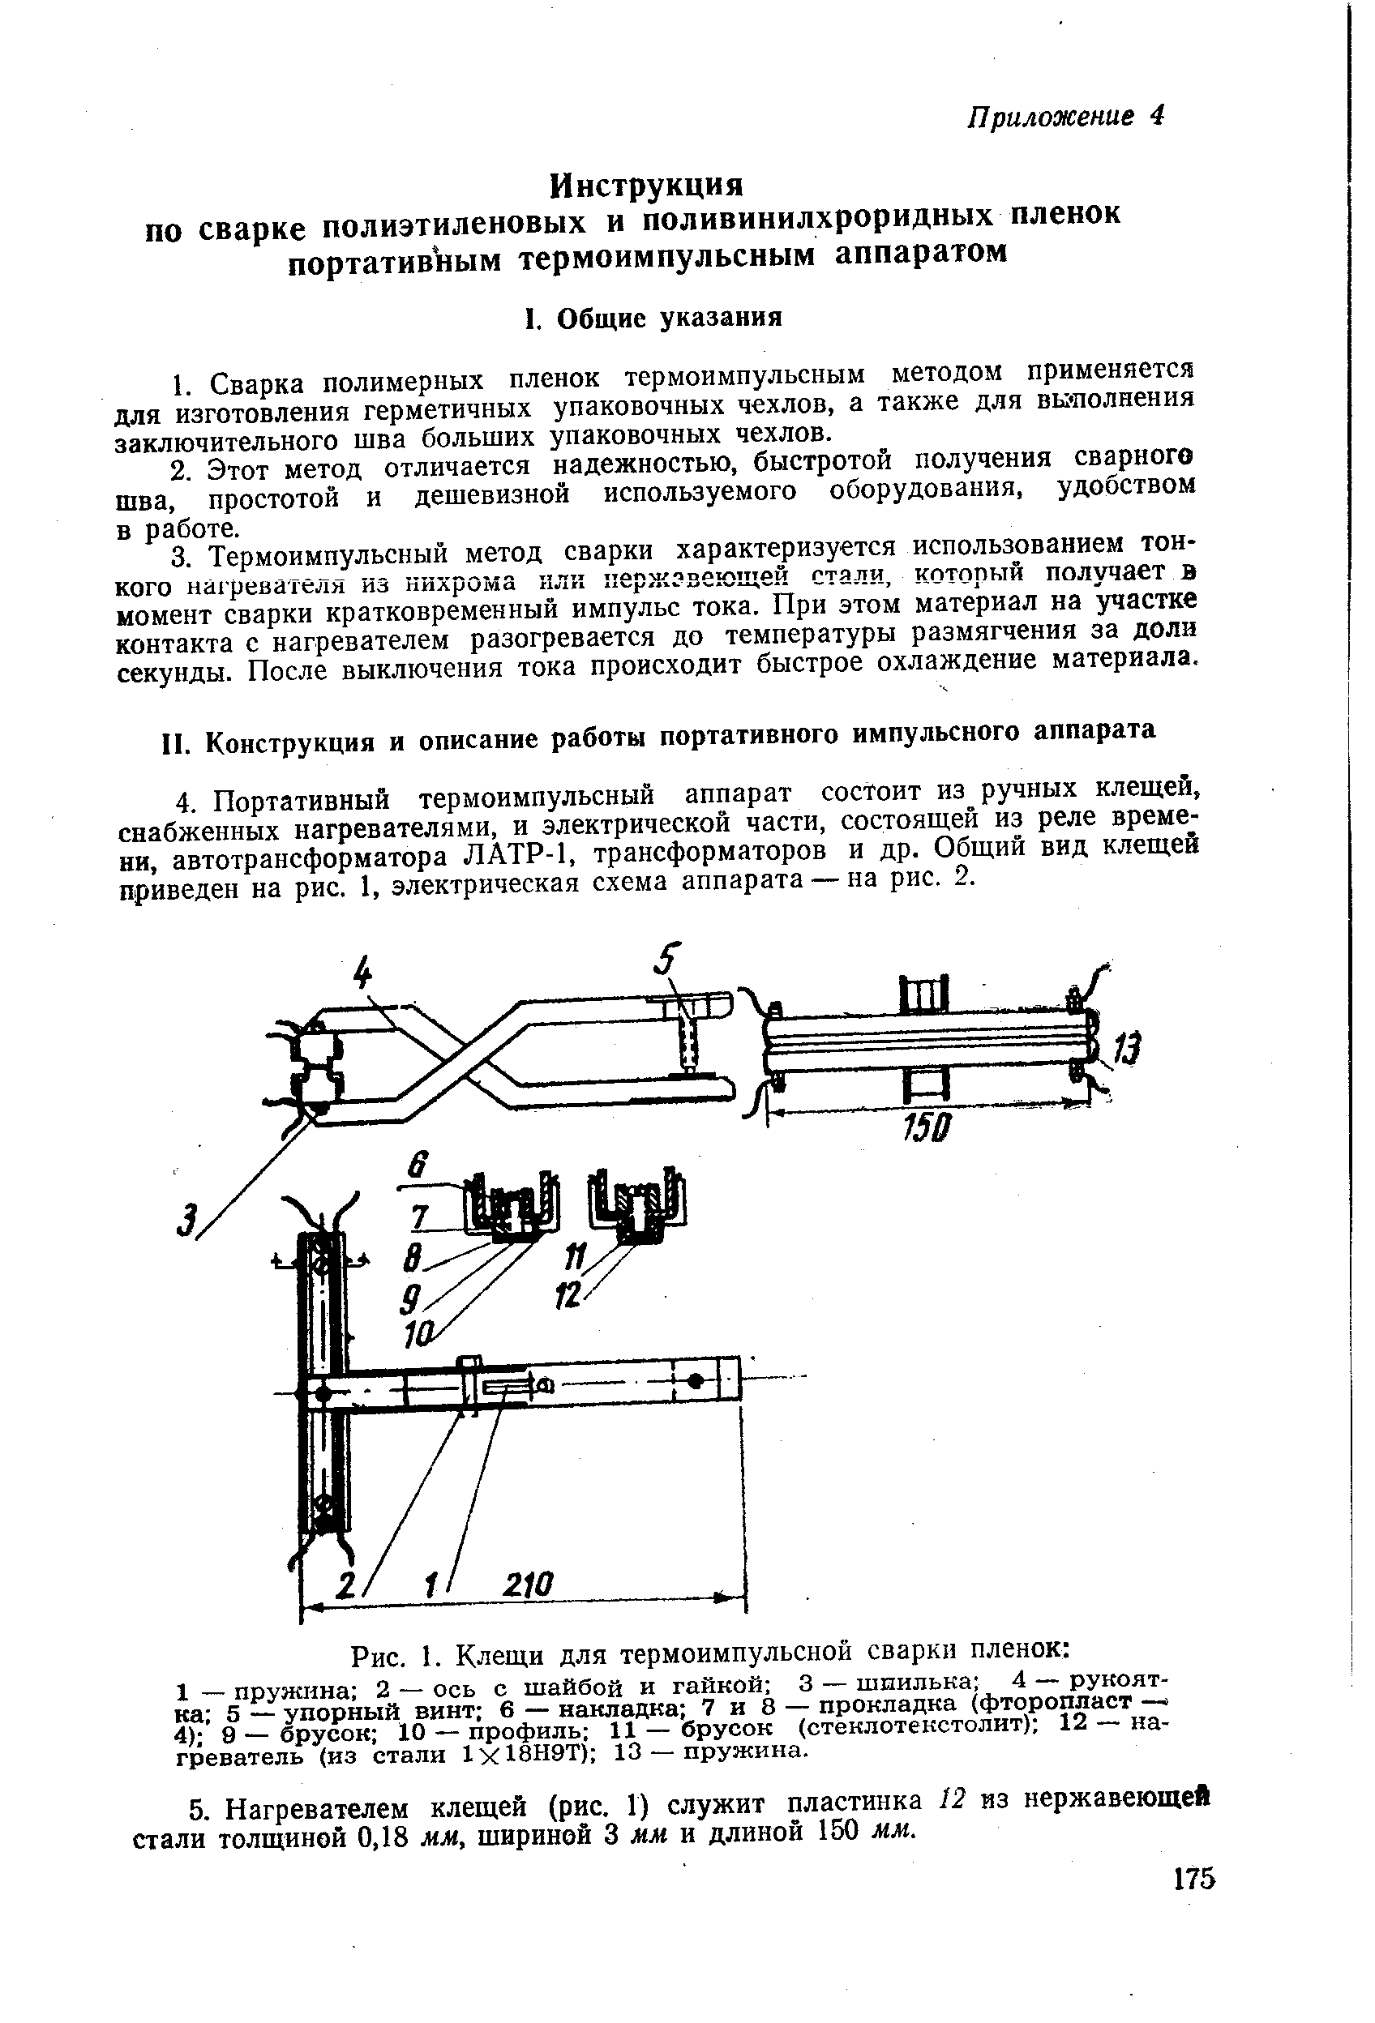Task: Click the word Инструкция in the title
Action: [648, 184]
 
